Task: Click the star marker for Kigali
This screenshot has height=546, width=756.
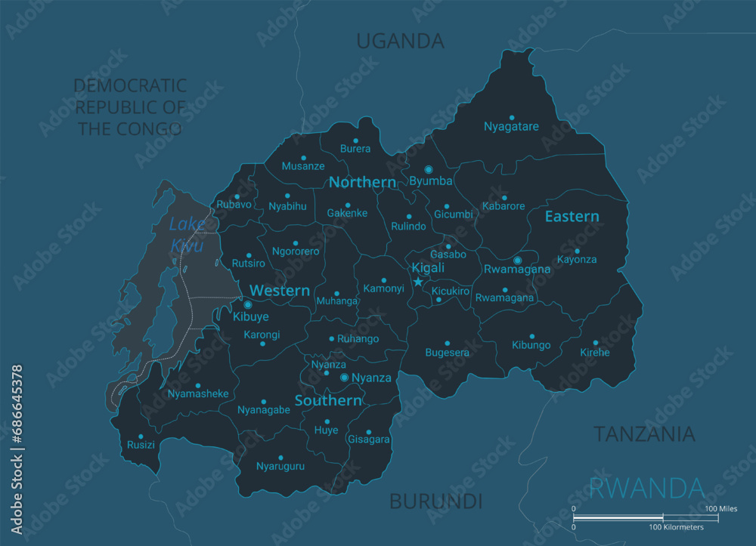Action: [x=418, y=282]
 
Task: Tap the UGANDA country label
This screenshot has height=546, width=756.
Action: [x=400, y=41]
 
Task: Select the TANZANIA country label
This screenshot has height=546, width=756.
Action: [x=643, y=433]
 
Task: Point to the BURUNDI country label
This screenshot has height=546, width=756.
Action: [x=435, y=501]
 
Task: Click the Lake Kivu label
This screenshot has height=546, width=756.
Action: [x=186, y=234]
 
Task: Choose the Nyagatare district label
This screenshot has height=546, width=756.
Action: [x=511, y=127]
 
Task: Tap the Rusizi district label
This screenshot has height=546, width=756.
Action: [x=141, y=445]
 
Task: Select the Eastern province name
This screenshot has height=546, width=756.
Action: [x=572, y=217]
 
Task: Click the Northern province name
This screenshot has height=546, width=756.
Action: [x=362, y=182]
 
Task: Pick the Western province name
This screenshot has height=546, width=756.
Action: [x=280, y=291]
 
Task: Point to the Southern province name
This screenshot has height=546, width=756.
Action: [x=328, y=400]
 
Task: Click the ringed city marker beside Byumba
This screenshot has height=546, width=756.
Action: [x=429, y=169]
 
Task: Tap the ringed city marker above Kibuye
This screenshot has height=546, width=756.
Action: [x=247, y=305]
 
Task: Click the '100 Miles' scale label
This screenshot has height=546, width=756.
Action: [x=721, y=508]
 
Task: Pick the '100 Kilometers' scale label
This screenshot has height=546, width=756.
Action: [x=676, y=527]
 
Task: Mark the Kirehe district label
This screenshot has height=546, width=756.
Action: [x=595, y=352]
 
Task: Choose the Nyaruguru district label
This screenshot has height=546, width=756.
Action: [x=280, y=466]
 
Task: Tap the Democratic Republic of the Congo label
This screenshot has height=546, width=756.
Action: [x=130, y=106]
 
